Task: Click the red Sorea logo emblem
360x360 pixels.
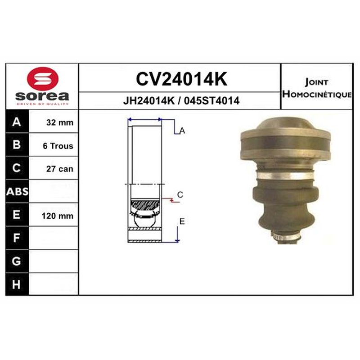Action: click(x=43, y=78)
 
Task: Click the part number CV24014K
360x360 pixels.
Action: click(x=182, y=79)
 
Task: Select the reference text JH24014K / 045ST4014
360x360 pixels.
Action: click(x=181, y=100)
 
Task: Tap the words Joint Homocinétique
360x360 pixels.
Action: click(x=317, y=88)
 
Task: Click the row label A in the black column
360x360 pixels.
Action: click(x=17, y=121)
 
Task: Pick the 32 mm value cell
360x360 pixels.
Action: click(x=60, y=122)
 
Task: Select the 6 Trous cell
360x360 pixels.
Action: click(x=58, y=146)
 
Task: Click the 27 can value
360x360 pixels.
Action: click(x=60, y=169)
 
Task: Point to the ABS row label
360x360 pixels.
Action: click(x=17, y=192)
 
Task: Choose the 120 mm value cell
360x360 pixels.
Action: click(x=58, y=216)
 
